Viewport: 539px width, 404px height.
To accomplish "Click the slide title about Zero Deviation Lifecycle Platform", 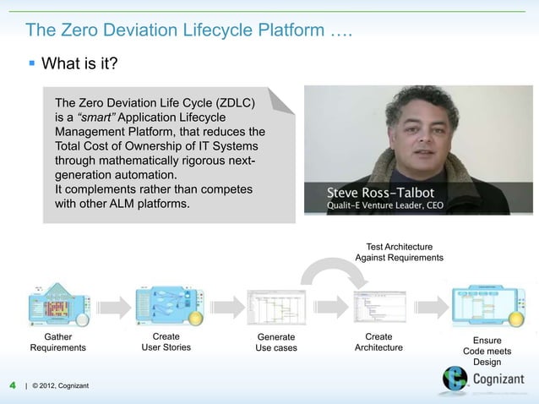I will click(x=188, y=31).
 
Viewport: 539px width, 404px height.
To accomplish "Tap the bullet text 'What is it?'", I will click(x=79, y=64).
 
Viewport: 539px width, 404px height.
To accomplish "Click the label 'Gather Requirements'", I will click(x=57, y=341).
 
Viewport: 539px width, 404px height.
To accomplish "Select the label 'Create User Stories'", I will click(x=166, y=341).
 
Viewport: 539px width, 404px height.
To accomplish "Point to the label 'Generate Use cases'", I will click(x=276, y=342).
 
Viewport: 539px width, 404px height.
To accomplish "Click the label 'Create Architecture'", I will click(x=378, y=341).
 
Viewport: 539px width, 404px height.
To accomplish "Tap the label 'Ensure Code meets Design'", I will click(x=487, y=351).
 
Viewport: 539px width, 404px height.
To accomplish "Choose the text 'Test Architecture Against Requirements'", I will click(x=399, y=251).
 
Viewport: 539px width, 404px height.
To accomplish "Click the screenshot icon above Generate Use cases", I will click(x=270, y=308).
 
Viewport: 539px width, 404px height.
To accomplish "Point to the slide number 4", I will click(x=13, y=386).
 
